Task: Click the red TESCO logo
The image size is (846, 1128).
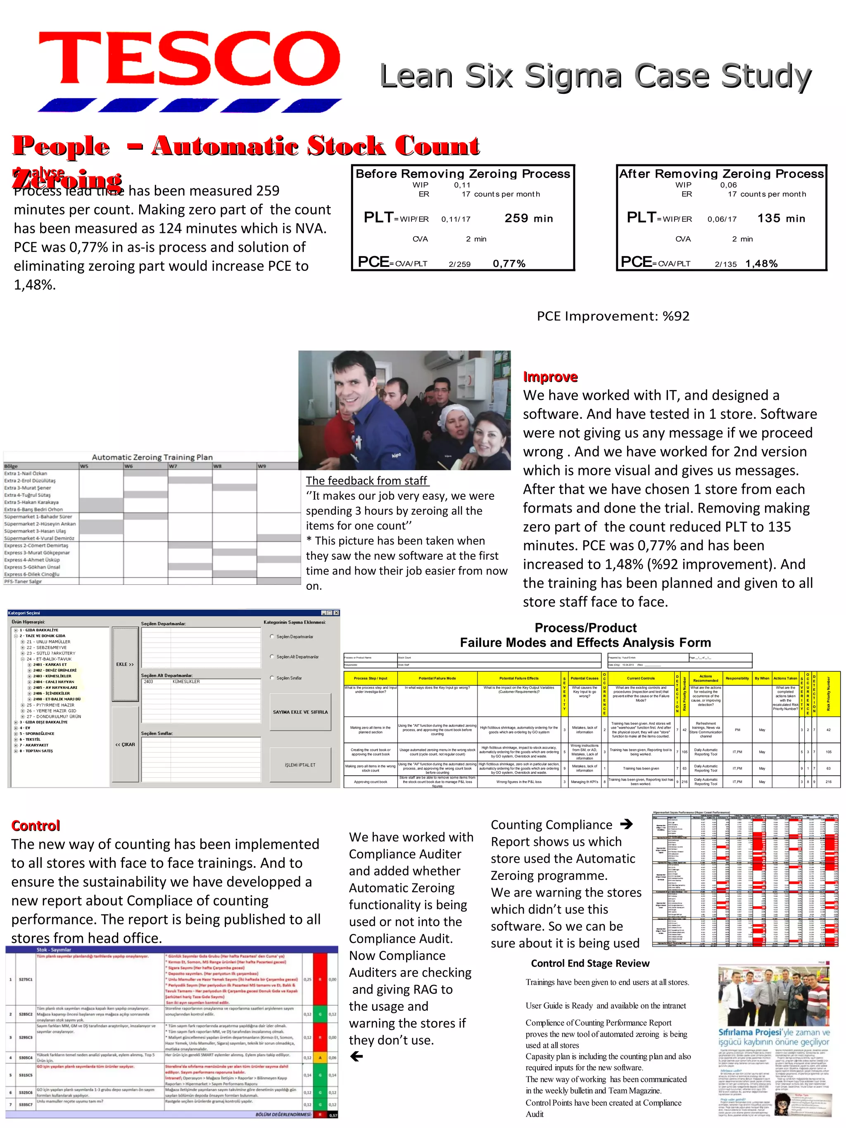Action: [x=189, y=59]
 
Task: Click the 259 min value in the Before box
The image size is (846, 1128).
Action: [x=528, y=218]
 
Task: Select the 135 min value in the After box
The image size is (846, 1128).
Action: [x=781, y=218]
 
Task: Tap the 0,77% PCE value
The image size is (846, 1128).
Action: [x=509, y=264]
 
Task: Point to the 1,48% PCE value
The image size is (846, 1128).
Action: [x=761, y=264]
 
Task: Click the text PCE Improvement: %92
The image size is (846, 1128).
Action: [x=613, y=316]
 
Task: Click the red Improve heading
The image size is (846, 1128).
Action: [x=550, y=377]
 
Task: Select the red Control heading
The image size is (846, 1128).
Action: [x=36, y=826]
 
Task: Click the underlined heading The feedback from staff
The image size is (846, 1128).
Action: [x=367, y=481]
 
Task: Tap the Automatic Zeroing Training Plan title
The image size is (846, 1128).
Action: [x=152, y=457]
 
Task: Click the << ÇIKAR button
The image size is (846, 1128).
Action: [x=125, y=745]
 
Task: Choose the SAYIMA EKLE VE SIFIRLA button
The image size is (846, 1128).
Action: [x=300, y=712]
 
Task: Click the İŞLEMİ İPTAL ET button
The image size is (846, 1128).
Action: [x=300, y=765]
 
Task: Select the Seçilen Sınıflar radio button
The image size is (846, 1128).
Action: [x=272, y=678]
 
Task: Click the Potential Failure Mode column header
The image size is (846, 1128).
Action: [x=437, y=678]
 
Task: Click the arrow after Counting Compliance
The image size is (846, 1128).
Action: [x=626, y=824]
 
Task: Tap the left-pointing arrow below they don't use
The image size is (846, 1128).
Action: [x=356, y=1057]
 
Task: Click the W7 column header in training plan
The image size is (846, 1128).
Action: [x=173, y=466]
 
